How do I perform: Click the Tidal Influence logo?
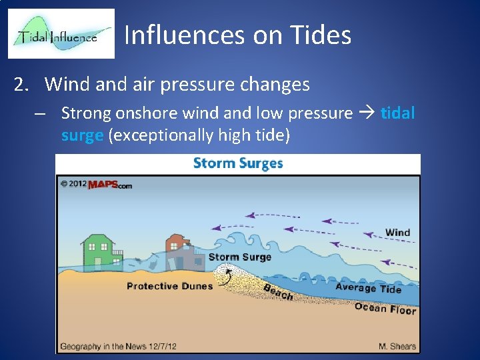(x=61, y=34)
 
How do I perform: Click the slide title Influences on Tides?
(x=237, y=35)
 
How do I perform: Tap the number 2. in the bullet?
(x=23, y=85)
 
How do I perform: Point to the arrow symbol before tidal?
(x=366, y=113)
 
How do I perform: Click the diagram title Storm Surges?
(x=237, y=163)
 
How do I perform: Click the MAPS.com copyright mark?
(x=96, y=184)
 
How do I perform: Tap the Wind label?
(x=397, y=233)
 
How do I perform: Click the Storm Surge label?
(x=239, y=257)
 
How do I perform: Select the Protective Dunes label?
(x=169, y=286)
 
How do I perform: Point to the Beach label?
(x=278, y=292)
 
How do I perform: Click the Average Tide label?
(x=368, y=287)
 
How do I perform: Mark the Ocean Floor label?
(x=385, y=307)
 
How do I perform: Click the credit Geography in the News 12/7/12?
(x=117, y=346)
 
